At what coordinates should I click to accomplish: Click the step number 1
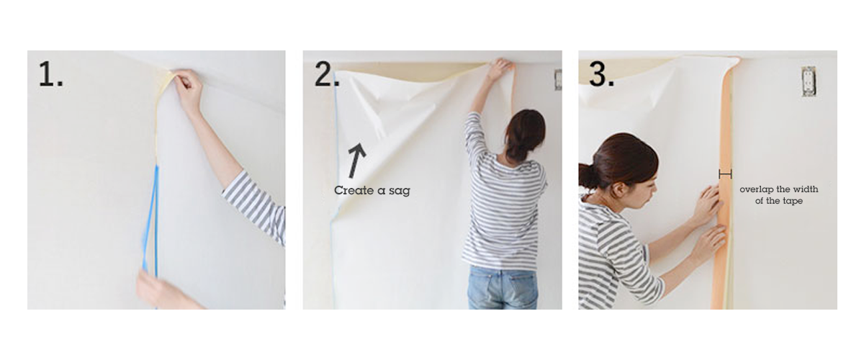(50, 74)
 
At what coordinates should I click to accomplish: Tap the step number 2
(326, 74)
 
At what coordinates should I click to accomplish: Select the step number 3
(602, 74)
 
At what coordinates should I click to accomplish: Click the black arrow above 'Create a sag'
(356, 161)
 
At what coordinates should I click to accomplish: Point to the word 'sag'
(400, 191)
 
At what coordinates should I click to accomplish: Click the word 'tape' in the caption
(793, 202)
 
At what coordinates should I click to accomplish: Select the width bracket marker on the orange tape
(725, 174)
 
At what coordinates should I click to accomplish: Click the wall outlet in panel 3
(808, 81)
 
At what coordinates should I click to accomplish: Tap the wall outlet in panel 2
(558, 79)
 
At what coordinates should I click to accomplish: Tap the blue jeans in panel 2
(503, 287)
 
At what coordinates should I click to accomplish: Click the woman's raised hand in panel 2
(500, 69)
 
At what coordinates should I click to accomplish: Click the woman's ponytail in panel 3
(588, 176)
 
